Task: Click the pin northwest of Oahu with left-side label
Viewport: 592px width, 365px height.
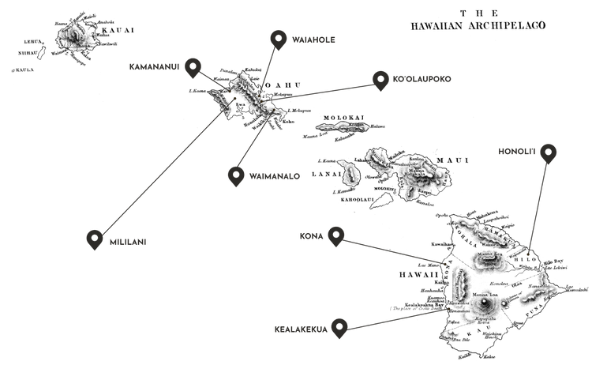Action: point(191,67)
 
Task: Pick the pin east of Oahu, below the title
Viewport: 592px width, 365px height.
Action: point(380,78)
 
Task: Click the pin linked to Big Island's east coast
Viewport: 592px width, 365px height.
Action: point(548,152)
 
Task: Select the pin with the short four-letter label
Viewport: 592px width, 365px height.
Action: point(337,233)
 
